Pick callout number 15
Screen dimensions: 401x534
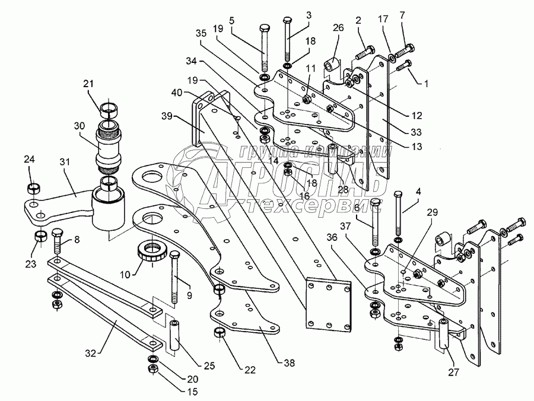pyautogui.click(x=159, y=392)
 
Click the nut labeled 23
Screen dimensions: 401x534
pyautogui.click(x=40, y=237)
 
